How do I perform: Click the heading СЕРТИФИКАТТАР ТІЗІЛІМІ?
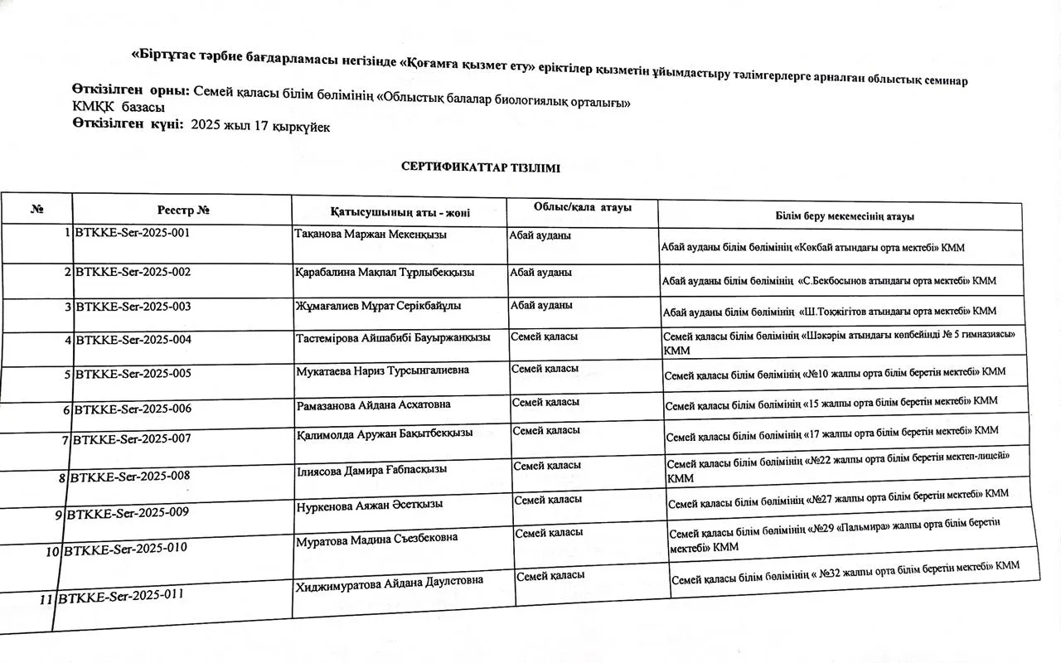point(480,167)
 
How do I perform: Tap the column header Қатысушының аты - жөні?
point(400,212)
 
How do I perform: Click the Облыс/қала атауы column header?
point(583,207)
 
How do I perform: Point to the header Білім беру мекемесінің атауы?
point(845,216)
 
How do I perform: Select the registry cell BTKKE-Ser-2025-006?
point(133,409)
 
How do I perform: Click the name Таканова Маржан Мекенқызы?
point(371,235)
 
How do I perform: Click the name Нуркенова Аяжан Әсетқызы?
point(370,504)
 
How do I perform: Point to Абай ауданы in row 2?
point(540,272)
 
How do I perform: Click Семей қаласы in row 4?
point(544,336)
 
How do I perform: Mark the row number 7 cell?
point(64,440)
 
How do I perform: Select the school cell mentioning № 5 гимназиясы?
point(839,342)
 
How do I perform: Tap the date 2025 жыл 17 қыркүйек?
point(260,126)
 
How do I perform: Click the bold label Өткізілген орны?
point(131,90)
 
